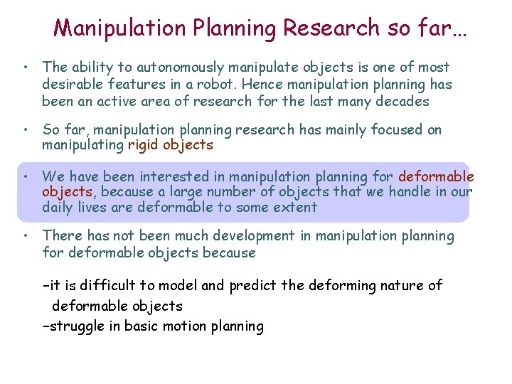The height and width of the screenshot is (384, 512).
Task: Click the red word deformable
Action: [436, 176]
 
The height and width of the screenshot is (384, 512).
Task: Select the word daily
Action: [58, 208]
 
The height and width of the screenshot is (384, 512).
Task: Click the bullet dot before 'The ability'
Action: [25, 68]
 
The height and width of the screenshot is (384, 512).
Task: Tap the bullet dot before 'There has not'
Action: [25, 236]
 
